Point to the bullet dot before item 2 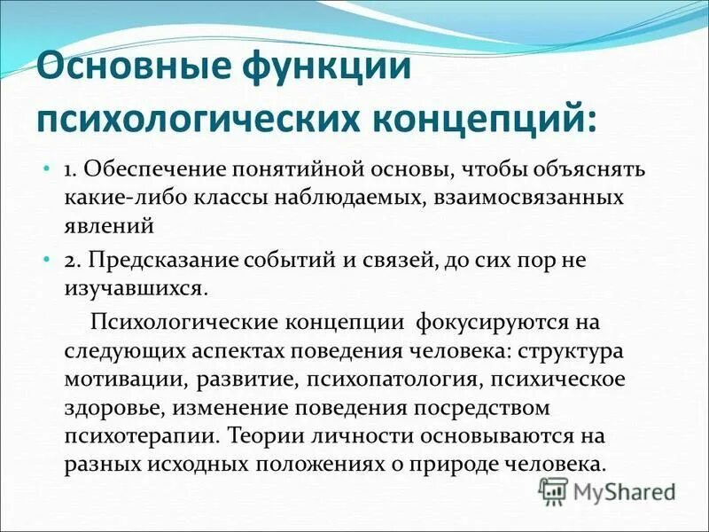click(47, 261)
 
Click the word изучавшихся click(136, 288)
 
